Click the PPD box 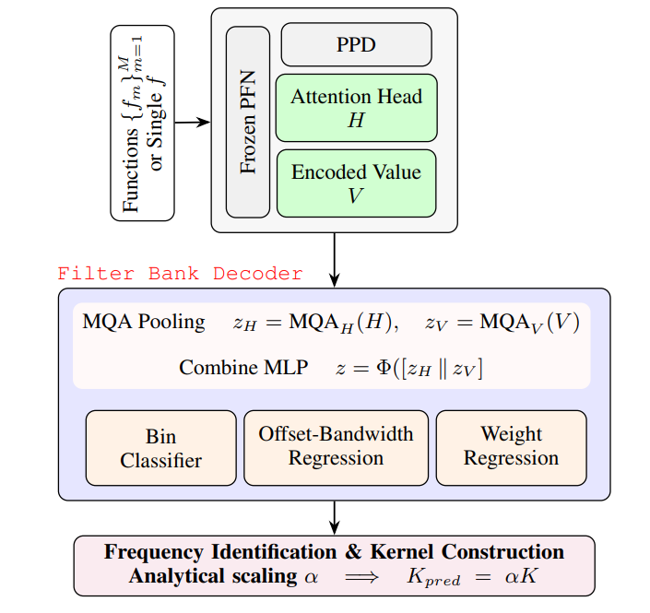click(356, 43)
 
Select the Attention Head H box click(356, 108)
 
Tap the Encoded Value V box click(356, 183)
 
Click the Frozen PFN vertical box click(248, 122)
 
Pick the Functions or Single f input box click(143, 123)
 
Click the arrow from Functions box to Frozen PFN click(193, 122)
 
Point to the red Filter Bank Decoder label click(180, 274)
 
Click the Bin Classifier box click(160, 447)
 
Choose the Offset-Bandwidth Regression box click(336, 446)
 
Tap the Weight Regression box click(511, 446)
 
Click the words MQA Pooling click(144, 322)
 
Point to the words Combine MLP click(232, 368)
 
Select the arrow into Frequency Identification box click(334, 517)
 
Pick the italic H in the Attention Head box click(356, 120)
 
